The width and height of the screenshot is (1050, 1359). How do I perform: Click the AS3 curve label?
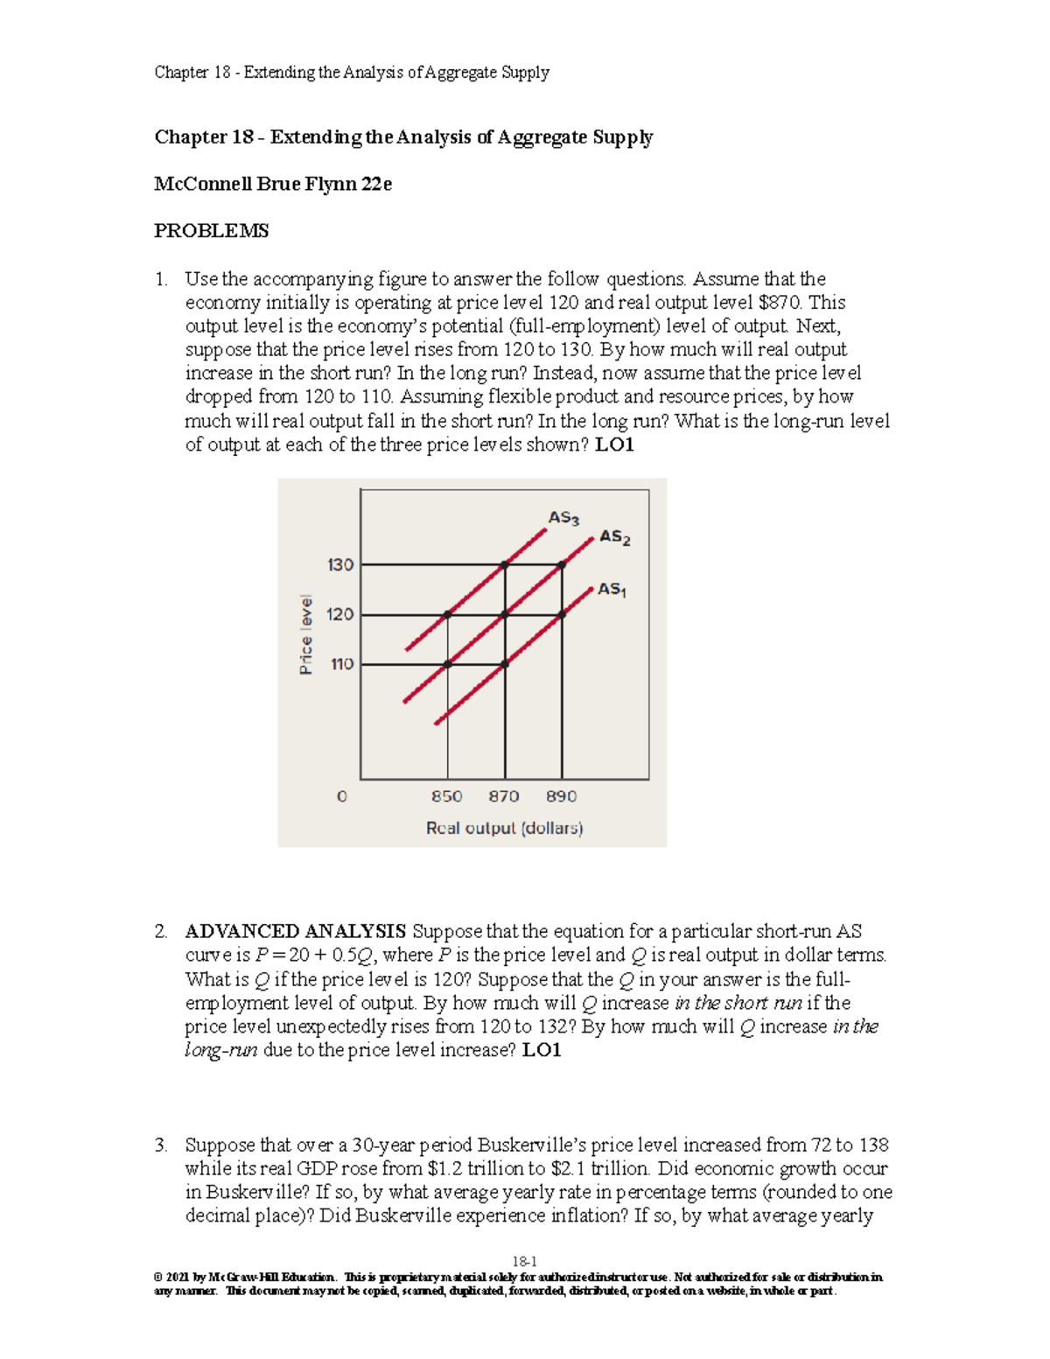coord(563,518)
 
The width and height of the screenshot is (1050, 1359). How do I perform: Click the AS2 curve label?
coord(615,537)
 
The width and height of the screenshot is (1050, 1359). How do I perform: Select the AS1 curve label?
coord(612,590)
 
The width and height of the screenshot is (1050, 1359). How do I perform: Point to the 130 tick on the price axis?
coord(340,565)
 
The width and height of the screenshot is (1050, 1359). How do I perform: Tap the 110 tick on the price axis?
coord(341,664)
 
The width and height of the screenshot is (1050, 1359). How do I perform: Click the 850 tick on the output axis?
coord(447,796)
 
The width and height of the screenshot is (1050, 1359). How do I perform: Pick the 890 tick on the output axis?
coord(562,796)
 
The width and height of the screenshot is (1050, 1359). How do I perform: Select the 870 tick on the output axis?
coord(504,796)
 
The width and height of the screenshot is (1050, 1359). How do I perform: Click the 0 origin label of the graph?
coord(342,796)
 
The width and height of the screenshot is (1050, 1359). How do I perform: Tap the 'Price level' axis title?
coord(305,635)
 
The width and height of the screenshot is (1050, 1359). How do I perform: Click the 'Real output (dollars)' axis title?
coord(504,828)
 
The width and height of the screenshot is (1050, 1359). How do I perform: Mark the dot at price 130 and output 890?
coord(562,565)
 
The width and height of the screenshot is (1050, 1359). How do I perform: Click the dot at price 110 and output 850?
coord(448,664)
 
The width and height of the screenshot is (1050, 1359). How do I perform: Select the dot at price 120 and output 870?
coord(505,614)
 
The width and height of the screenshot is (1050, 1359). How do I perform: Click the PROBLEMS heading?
coord(211,231)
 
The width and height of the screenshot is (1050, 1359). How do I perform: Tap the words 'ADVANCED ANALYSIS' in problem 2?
coord(295,931)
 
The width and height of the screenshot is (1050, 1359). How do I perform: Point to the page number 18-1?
coord(524,1262)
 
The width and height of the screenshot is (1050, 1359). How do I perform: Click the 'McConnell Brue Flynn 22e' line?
coord(273,184)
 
